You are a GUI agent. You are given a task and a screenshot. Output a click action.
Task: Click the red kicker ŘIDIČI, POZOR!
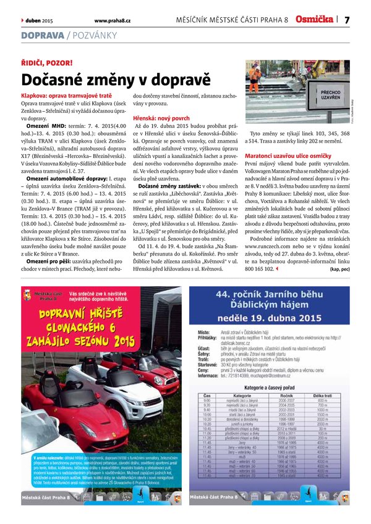47,63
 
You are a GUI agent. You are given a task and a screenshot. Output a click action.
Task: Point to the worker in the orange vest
255,77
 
